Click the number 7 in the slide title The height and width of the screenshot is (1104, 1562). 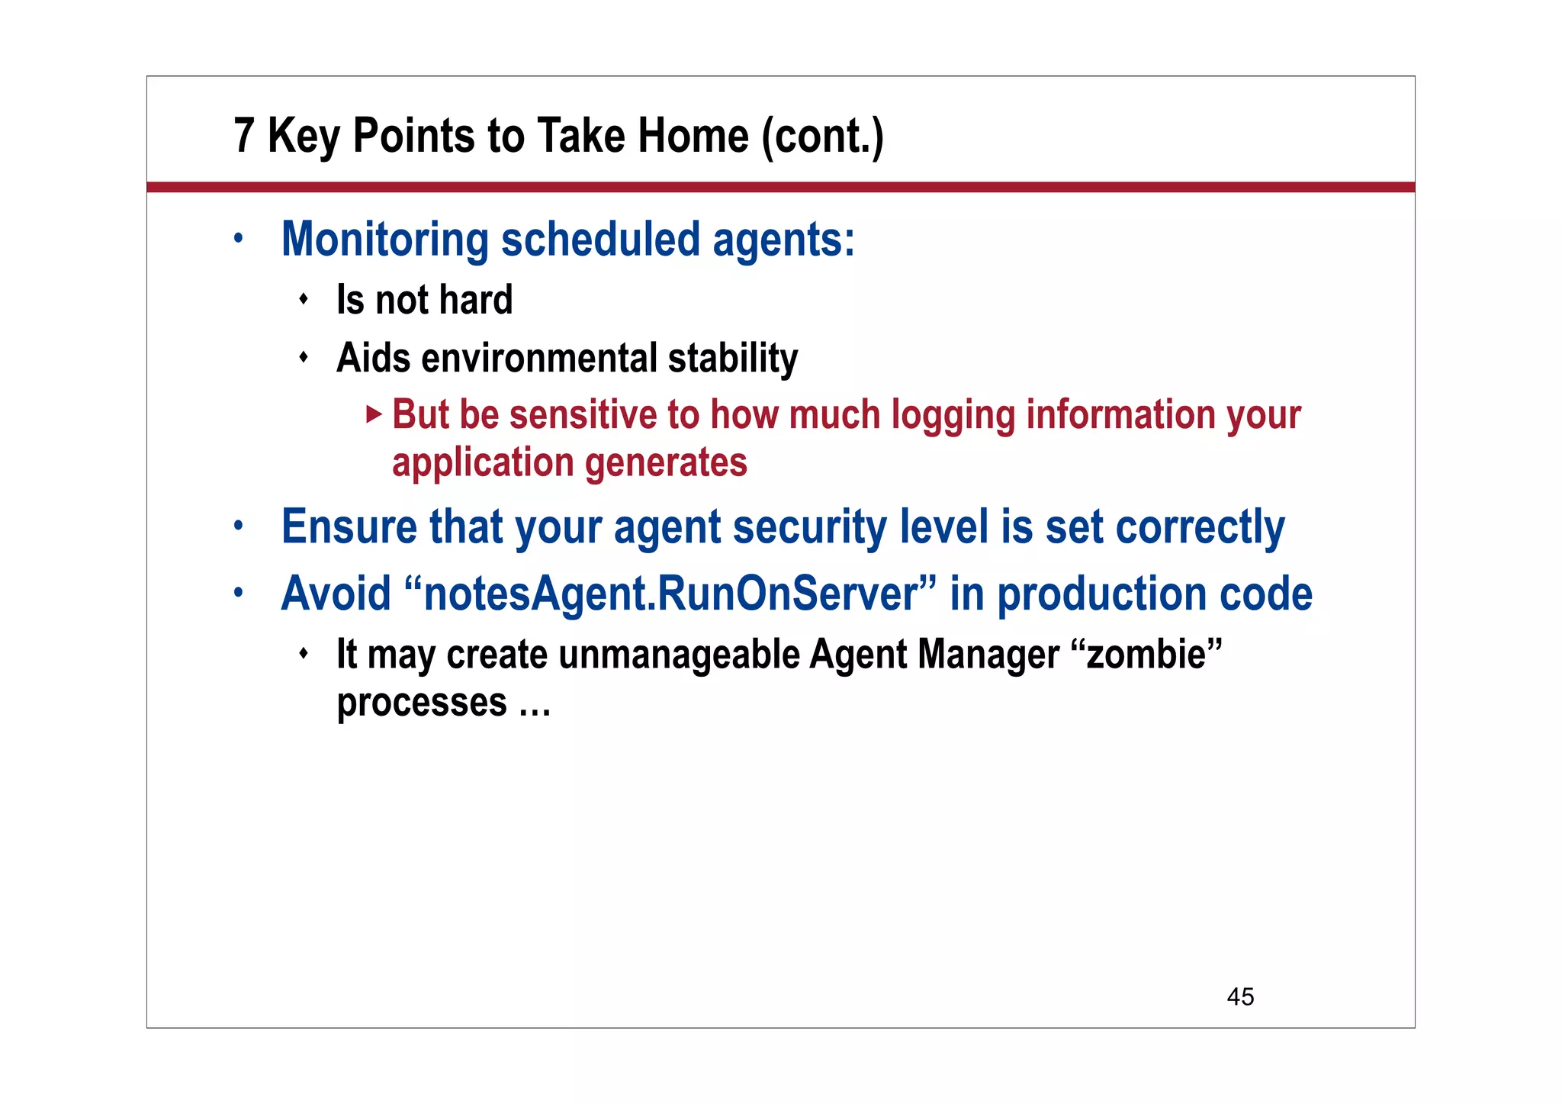tap(243, 136)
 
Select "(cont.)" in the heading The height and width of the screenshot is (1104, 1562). tap(823, 137)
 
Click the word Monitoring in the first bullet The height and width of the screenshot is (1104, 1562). tap(385, 240)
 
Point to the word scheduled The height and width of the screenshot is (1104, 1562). tap(600, 240)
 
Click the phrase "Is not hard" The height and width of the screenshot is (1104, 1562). tap(424, 300)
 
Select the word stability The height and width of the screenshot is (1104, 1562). tap(733, 358)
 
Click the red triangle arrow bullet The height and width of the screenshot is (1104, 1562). tap(373, 414)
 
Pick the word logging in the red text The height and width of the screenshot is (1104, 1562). tap(953, 416)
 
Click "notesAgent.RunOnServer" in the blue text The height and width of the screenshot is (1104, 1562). tap(670, 594)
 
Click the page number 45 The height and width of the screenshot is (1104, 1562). tap(1240, 996)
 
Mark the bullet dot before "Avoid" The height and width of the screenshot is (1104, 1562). tap(239, 592)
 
